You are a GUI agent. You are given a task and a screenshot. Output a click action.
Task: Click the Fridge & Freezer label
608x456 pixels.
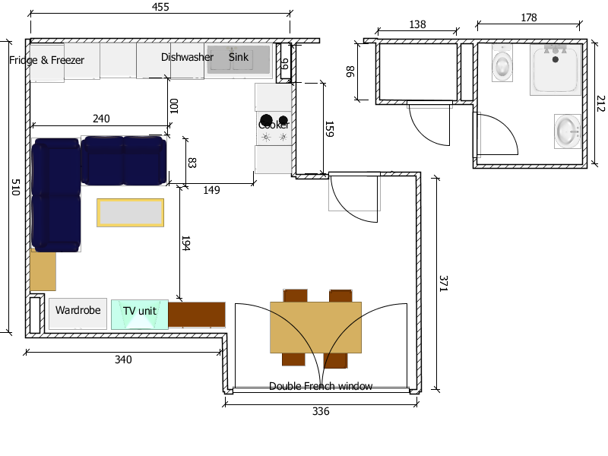coord(46,60)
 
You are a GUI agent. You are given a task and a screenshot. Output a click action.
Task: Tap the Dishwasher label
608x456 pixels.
coord(187,57)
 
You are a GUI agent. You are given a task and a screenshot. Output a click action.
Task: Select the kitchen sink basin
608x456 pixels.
coord(239,59)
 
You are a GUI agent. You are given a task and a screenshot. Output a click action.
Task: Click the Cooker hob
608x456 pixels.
coord(274,128)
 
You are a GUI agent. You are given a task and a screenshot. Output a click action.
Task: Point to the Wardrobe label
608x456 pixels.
coord(78,310)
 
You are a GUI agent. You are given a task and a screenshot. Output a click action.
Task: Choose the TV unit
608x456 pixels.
coord(140,315)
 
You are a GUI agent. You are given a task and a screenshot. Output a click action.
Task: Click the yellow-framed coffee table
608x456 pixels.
coord(130,213)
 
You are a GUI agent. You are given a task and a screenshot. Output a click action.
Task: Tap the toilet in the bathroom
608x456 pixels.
coord(502,63)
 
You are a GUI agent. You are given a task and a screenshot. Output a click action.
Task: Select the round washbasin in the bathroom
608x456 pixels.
coord(567,131)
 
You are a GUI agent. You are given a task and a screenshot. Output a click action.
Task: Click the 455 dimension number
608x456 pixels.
coord(160,7)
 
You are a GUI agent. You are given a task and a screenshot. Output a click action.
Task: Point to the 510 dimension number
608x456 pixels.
coord(15,187)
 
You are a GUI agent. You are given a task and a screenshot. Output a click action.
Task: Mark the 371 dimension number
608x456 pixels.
coord(444,283)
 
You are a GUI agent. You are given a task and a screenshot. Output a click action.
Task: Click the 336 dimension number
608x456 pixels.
coord(321,411)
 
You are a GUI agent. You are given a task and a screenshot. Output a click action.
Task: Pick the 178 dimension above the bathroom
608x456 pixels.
coord(528,17)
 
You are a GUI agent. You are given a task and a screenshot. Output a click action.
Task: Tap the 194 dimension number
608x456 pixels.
coord(185,243)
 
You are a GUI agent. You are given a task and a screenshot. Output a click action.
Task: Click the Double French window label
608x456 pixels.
coord(321,386)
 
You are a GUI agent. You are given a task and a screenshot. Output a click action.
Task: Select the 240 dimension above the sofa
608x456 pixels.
coord(101,119)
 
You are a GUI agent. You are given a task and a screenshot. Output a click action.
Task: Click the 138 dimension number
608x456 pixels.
coord(417,25)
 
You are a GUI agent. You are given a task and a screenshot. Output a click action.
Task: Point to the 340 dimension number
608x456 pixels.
coord(123,359)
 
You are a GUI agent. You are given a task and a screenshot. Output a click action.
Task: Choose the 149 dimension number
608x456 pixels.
coord(211,190)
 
